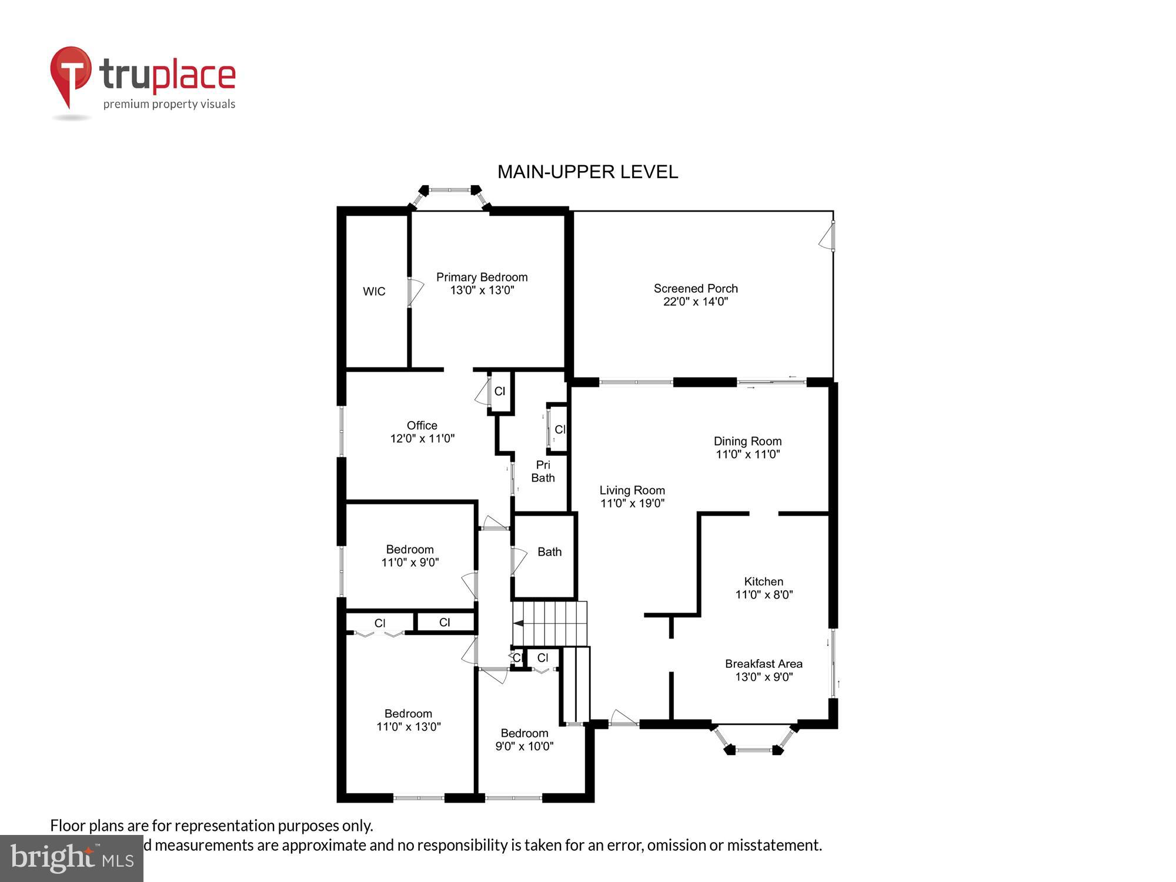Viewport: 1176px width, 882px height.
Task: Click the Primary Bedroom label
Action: point(482,277)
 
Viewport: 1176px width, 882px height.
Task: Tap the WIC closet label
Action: point(374,291)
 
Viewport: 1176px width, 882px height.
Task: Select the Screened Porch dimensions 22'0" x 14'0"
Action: point(696,302)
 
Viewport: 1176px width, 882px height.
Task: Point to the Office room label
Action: point(422,425)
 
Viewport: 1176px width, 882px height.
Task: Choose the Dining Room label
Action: point(747,441)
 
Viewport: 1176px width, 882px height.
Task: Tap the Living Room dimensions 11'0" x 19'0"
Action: point(632,503)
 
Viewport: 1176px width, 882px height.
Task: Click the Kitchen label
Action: point(763,582)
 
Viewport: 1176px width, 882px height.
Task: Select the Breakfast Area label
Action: point(763,664)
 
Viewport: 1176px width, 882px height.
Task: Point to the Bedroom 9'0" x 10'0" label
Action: point(524,733)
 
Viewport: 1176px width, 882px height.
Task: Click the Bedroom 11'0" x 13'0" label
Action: point(408,714)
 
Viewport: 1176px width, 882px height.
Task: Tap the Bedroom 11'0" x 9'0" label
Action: point(410,550)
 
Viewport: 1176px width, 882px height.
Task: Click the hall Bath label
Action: point(549,552)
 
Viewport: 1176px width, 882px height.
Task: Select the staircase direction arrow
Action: point(519,624)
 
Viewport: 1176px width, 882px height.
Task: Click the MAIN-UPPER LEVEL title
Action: point(587,172)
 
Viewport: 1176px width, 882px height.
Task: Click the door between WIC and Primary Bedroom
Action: point(414,292)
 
